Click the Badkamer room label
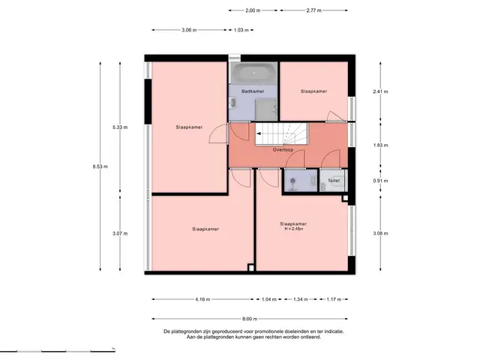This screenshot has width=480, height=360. coord(253,91)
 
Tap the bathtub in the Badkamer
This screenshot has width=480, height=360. coord(253,73)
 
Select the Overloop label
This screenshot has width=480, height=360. coord(283,150)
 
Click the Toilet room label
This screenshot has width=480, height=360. coord(334,181)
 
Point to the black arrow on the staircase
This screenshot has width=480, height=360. coord(259,133)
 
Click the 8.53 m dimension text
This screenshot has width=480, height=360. coord(100,166)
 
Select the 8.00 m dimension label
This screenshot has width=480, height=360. coord(250,319)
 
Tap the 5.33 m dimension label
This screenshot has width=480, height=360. coord(120,127)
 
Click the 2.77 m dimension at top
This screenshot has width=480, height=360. coord(313,10)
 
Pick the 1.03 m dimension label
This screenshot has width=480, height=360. coord(241,30)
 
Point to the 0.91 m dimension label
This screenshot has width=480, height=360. coord(380,181)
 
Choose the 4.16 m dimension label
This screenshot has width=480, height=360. coord(202,299)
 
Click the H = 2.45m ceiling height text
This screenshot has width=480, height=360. coord(293,229)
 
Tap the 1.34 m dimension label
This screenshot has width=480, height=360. coord(301,299)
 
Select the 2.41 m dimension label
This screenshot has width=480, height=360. coord(380,91)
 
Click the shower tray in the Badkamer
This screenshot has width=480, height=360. coord(266,109)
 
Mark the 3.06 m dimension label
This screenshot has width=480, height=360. coord(189,30)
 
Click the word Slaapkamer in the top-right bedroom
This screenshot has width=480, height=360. coord(313,91)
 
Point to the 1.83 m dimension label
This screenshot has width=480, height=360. coord(380,145)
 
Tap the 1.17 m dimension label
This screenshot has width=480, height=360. coord(334,299)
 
